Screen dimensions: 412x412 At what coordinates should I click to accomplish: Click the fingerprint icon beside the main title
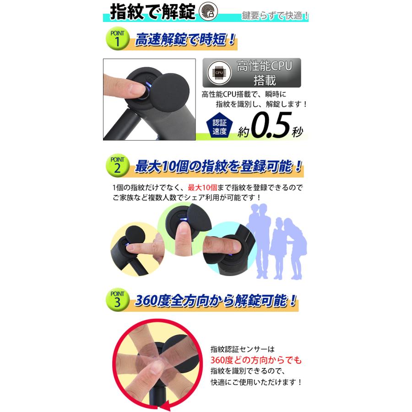point(208,11)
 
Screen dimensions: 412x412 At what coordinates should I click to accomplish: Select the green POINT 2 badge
point(117,165)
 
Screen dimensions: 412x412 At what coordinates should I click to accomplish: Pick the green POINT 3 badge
point(117,299)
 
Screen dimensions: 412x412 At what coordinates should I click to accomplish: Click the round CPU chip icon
point(219,73)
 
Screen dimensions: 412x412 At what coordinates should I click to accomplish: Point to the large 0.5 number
point(271,125)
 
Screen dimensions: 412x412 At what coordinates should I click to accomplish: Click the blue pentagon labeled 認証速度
point(219,126)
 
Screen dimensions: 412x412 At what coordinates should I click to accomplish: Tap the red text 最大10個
point(202,188)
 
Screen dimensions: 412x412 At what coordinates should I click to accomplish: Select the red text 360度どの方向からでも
point(256,360)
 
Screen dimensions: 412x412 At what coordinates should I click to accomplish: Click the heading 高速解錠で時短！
point(185,40)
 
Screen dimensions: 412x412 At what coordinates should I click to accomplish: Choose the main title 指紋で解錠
point(152,12)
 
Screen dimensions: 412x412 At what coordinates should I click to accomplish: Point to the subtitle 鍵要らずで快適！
point(275,16)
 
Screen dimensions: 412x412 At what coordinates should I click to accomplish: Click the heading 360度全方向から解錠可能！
point(216,300)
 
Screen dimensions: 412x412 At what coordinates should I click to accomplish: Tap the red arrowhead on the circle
point(165,405)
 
